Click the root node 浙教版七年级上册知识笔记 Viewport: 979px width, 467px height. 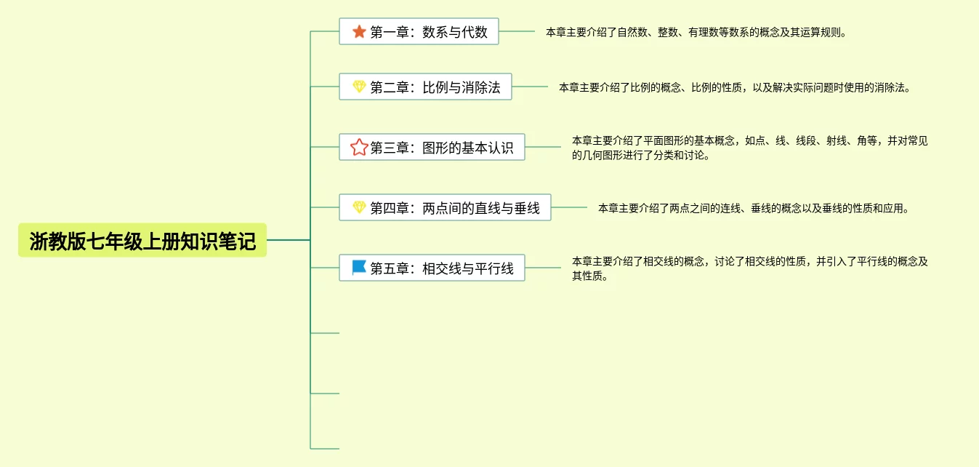pos(142,241)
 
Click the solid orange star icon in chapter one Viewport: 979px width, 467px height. pos(359,31)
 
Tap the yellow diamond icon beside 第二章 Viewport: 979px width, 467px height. pos(359,87)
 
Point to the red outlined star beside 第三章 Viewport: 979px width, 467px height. pos(359,148)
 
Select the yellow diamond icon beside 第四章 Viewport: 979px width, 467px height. pos(359,208)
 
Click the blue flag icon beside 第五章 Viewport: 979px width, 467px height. pos(359,268)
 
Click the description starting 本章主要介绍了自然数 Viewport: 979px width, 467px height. pos(696,32)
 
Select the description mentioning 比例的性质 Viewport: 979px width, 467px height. pos(734,87)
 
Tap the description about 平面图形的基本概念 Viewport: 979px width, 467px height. pos(749,148)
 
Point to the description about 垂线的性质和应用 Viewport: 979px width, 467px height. pos(753,208)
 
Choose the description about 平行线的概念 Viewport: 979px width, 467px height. pos(749,268)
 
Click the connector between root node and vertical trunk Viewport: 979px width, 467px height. pos(289,240)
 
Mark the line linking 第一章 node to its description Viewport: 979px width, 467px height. pos(517,32)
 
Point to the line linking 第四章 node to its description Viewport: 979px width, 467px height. pos(569,208)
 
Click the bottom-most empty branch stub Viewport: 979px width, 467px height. pos(325,448)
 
